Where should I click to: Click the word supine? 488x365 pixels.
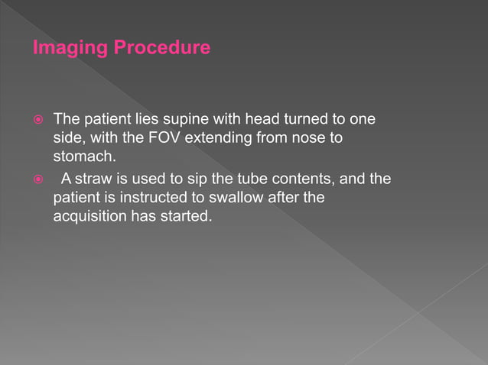(181, 121)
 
